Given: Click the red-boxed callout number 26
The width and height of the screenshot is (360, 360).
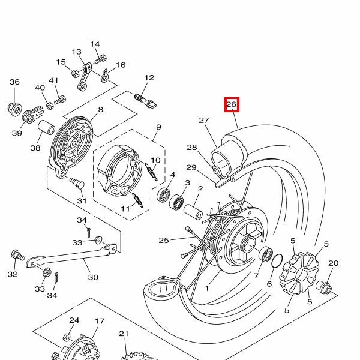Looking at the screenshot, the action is click(232, 104).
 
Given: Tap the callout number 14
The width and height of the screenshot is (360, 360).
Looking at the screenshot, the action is click(95, 44).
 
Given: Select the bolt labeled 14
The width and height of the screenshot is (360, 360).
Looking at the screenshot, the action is click(101, 59).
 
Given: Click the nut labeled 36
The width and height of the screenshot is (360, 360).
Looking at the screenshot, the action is click(14, 110).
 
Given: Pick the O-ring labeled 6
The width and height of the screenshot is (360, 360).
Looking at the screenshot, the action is click(277, 261).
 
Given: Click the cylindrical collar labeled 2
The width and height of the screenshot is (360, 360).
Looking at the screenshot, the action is click(193, 212).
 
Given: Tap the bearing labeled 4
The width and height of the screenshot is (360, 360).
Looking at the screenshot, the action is click(163, 194).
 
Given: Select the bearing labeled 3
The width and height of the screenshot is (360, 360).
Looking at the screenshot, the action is click(176, 202).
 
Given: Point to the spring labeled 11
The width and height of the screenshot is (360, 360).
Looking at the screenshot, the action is click(138, 200).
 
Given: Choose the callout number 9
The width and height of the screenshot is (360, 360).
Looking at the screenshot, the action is click(158, 127).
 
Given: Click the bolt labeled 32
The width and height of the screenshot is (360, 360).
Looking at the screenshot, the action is click(17, 256).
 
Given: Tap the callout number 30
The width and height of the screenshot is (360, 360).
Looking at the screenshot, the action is click(93, 277).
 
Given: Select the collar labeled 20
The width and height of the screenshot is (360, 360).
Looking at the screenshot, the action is click(323, 289).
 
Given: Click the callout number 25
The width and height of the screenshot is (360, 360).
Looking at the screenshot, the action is click(164, 241).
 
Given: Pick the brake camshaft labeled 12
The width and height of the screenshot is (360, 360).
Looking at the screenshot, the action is click(145, 101).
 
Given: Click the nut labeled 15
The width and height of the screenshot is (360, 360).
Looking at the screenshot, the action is click(74, 74).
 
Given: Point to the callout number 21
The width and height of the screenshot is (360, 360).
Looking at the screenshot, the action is click(124, 334).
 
